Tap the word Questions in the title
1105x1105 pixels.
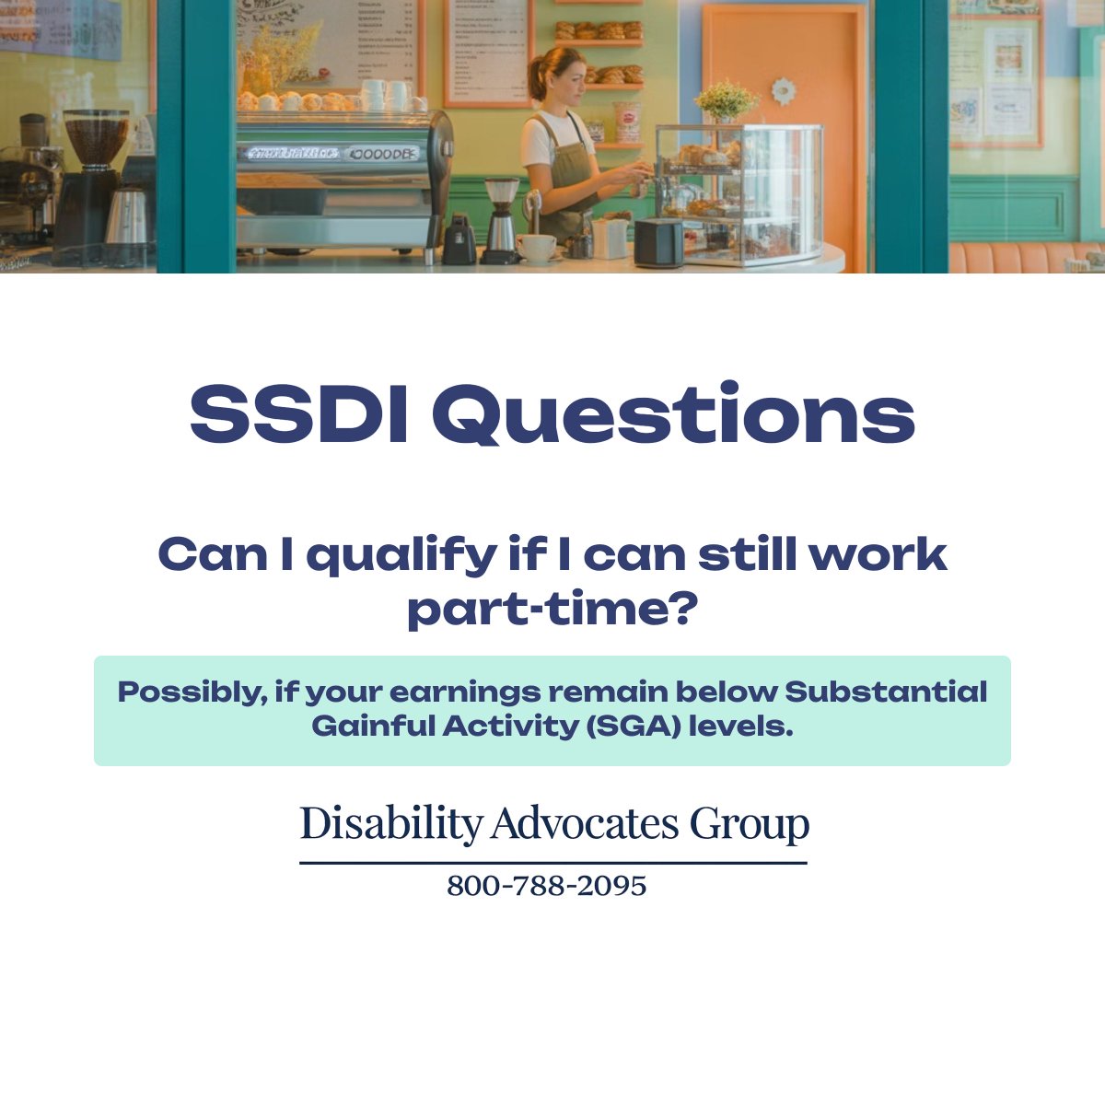coord(673,413)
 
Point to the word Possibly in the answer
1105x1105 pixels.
coord(192,692)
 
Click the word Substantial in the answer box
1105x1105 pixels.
coord(886,691)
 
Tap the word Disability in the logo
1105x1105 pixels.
coord(390,822)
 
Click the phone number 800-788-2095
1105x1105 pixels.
coord(547,886)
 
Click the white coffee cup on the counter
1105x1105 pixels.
coord(536,248)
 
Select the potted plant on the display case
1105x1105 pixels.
coord(727,100)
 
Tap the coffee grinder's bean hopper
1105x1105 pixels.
coord(97,138)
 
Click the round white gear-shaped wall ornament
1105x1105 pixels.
coord(783,91)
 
